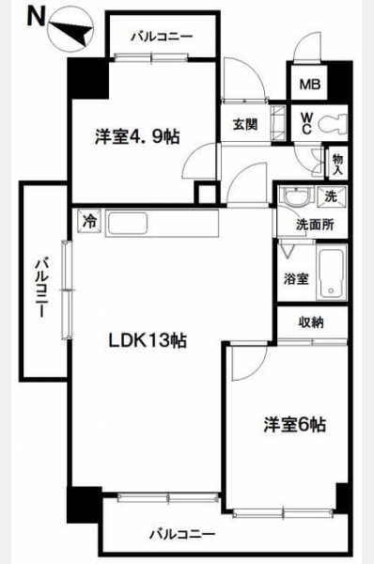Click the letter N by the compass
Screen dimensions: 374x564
[36, 18]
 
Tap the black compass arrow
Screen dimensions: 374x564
[71, 32]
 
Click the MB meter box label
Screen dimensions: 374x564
[310, 85]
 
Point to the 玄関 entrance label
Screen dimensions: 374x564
[245, 125]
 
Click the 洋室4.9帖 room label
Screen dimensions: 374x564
[137, 136]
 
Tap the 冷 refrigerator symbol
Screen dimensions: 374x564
[89, 221]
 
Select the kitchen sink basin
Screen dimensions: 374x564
[127, 224]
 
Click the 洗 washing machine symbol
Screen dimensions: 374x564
[331, 196]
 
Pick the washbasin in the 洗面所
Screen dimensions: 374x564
[297, 197]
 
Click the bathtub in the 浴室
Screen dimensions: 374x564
[331, 273]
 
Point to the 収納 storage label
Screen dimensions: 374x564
[311, 322]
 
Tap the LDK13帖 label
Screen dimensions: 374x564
[148, 340]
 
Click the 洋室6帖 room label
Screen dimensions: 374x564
[295, 424]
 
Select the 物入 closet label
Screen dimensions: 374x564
[337, 164]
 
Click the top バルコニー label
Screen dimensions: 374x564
[162, 37]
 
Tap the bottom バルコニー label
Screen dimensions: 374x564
[182, 534]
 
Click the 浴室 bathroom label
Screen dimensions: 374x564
[296, 279]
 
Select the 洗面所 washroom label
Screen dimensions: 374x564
[315, 225]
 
